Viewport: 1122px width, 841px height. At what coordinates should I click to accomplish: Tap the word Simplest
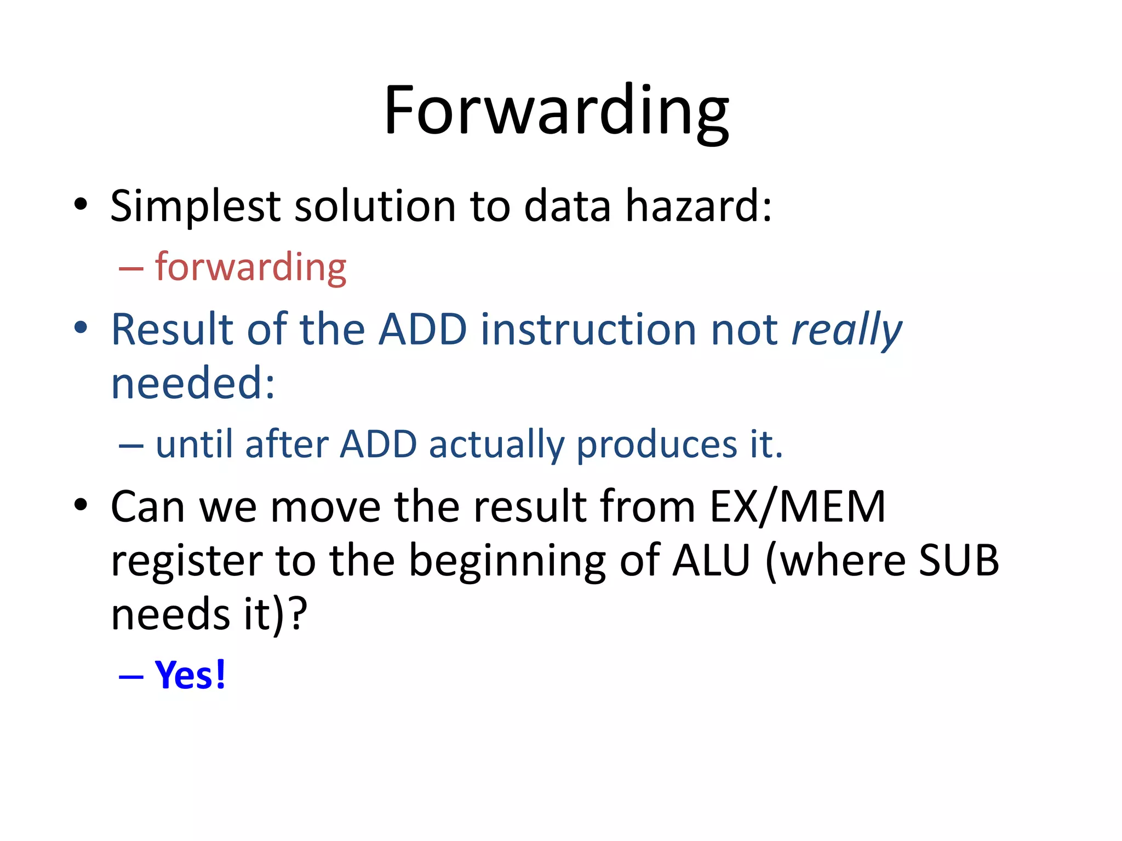(195, 207)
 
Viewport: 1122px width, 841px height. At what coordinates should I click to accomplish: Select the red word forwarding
(250, 267)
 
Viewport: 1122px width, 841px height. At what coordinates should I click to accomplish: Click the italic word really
(846, 330)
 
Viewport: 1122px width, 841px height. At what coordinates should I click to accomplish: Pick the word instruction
(588, 330)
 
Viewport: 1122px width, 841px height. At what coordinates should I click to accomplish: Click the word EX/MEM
(797, 507)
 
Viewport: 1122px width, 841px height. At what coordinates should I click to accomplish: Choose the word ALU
(711, 561)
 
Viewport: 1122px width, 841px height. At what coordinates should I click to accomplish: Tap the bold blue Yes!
(190, 675)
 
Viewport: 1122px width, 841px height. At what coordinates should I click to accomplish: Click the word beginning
(507, 562)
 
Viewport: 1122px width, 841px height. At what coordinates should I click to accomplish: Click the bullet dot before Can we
(81, 504)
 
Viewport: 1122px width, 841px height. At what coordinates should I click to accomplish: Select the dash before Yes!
(131, 677)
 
